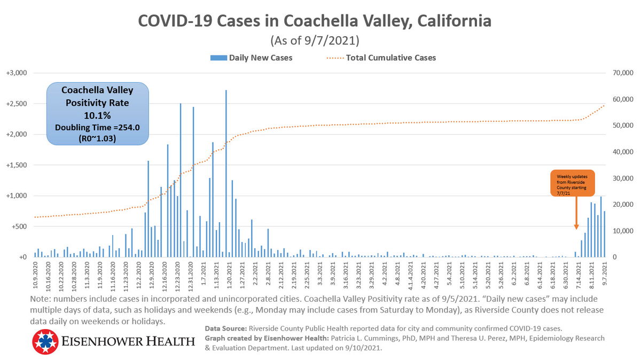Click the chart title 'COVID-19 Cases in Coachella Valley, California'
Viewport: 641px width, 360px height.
click(315, 21)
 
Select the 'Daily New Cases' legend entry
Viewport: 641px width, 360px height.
click(260, 58)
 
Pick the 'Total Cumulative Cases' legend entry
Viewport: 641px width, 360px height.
click(391, 58)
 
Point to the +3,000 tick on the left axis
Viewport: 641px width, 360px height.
click(19, 73)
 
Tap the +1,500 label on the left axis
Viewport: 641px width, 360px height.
click(19, 165)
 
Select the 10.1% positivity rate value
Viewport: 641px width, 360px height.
click(97, 115)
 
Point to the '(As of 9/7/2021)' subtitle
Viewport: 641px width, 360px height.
click(315, 40)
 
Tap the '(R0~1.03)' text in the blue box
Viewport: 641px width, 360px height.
click(97, 138)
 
